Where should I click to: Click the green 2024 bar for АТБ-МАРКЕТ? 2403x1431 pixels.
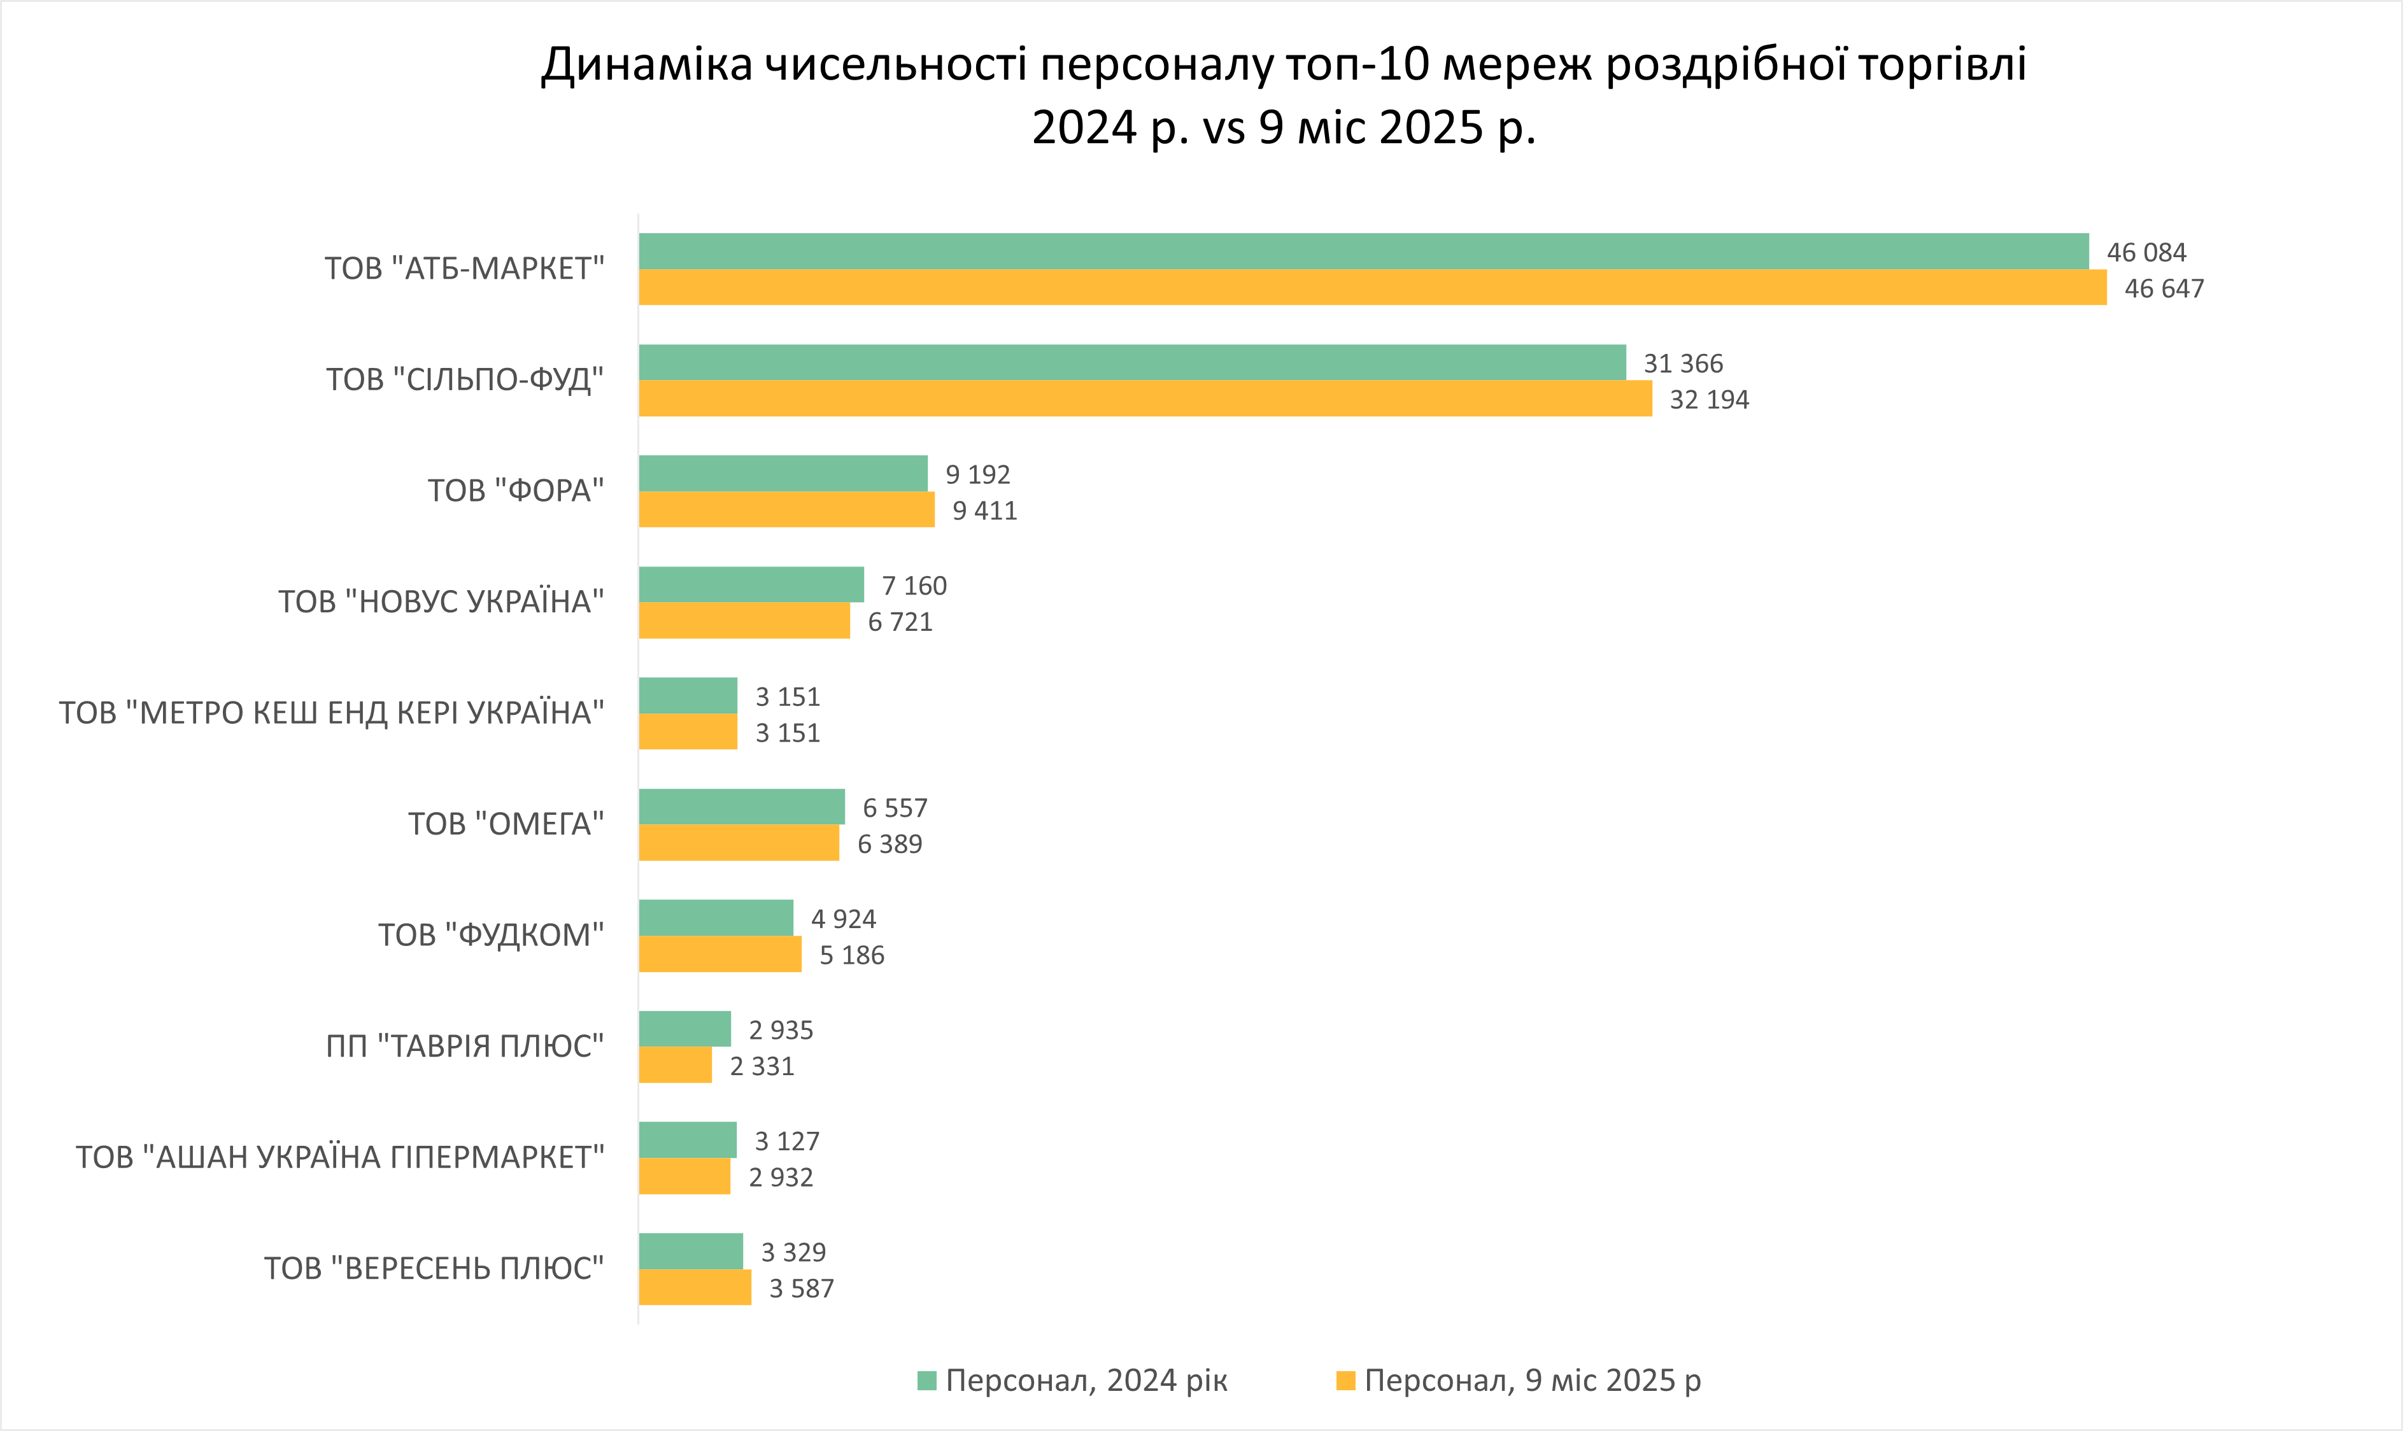click(1363, 251)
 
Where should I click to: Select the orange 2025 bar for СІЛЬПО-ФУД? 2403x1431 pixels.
click(1145, 398)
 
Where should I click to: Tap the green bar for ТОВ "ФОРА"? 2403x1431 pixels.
click(783, 474)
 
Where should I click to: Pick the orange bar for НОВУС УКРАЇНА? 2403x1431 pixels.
click(744, 621)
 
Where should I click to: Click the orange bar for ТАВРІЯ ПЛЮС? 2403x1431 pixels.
click(675, 1066)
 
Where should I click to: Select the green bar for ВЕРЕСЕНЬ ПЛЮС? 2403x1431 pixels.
click(690, 1251)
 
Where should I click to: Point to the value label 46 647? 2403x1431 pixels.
click(2164, 288)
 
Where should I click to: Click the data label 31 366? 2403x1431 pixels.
click(1683, 363)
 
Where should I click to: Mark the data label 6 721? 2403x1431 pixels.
click(900, 622)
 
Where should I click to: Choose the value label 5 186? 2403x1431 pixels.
click(851, 955)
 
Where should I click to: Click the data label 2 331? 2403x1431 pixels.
click(762, 1066)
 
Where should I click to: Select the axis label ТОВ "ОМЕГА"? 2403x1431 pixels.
click(506, 824)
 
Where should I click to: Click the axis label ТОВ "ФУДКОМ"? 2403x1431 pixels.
click(491, 935)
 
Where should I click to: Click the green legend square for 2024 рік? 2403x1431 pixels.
click(926, 1381)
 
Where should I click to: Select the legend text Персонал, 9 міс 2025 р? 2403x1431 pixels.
click(1532, 1381)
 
